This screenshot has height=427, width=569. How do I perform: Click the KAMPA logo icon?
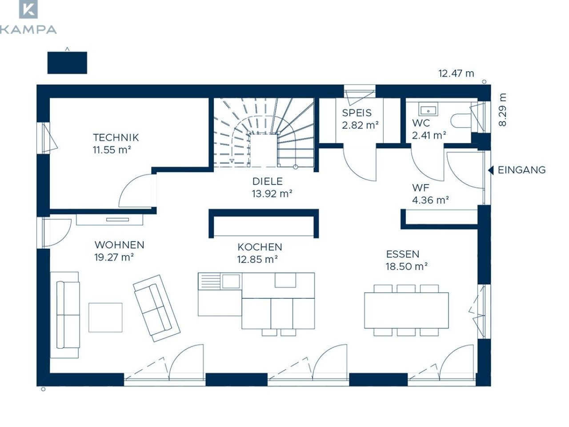(28, 9)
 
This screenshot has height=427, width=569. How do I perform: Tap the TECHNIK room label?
(116, 137)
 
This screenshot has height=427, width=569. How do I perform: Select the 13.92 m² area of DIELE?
(272, 193)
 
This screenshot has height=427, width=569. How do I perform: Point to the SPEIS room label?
(357, 113)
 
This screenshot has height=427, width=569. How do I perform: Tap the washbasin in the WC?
(428, 109)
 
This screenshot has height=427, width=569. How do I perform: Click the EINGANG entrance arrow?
(490, 170)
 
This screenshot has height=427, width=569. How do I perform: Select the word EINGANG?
(521, 170)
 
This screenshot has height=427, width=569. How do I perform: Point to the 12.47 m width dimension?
(456, 74)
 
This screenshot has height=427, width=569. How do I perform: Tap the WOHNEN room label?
(119, 245)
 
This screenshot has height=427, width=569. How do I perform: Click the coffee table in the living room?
(105, 317)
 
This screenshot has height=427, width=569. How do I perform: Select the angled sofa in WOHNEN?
(156, 308)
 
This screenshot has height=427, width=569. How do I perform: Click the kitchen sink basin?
(231, 281)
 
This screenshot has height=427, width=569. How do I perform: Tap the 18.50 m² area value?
(406, 266)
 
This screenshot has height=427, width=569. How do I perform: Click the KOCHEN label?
(260, 247)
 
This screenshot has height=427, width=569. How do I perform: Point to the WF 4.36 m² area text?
(430, 194)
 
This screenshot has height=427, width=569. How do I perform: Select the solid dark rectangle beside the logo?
(67, 63)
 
